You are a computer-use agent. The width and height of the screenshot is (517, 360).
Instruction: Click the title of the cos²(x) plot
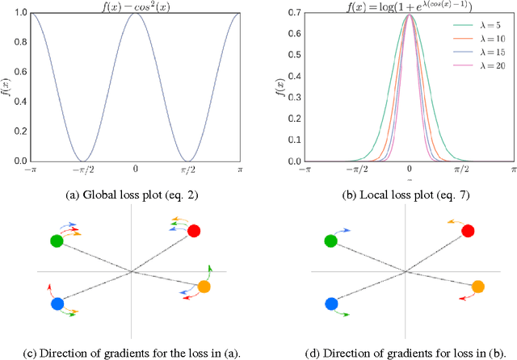pyautogui.click(x=135, y=6)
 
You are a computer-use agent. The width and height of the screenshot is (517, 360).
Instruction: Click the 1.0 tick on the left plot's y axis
pyautogui.click(x=17, y=14)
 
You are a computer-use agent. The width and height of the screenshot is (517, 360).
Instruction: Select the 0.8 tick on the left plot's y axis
pyautogui.click(x=17, y=44)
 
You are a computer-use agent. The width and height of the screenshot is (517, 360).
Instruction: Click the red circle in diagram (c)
pyautogui.click(x=193, y=232)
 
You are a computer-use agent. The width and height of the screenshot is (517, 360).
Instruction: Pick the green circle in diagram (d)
pyautogui.click(x=331, y=241)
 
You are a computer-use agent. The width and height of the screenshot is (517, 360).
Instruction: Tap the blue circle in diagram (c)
pyautogui.click(x=57, y=304)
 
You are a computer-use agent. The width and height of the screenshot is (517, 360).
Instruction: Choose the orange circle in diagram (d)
pyautogui.click(x=477, y=287)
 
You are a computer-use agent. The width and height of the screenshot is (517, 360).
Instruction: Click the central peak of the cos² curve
pyautogui.click(x=135, y=15)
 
